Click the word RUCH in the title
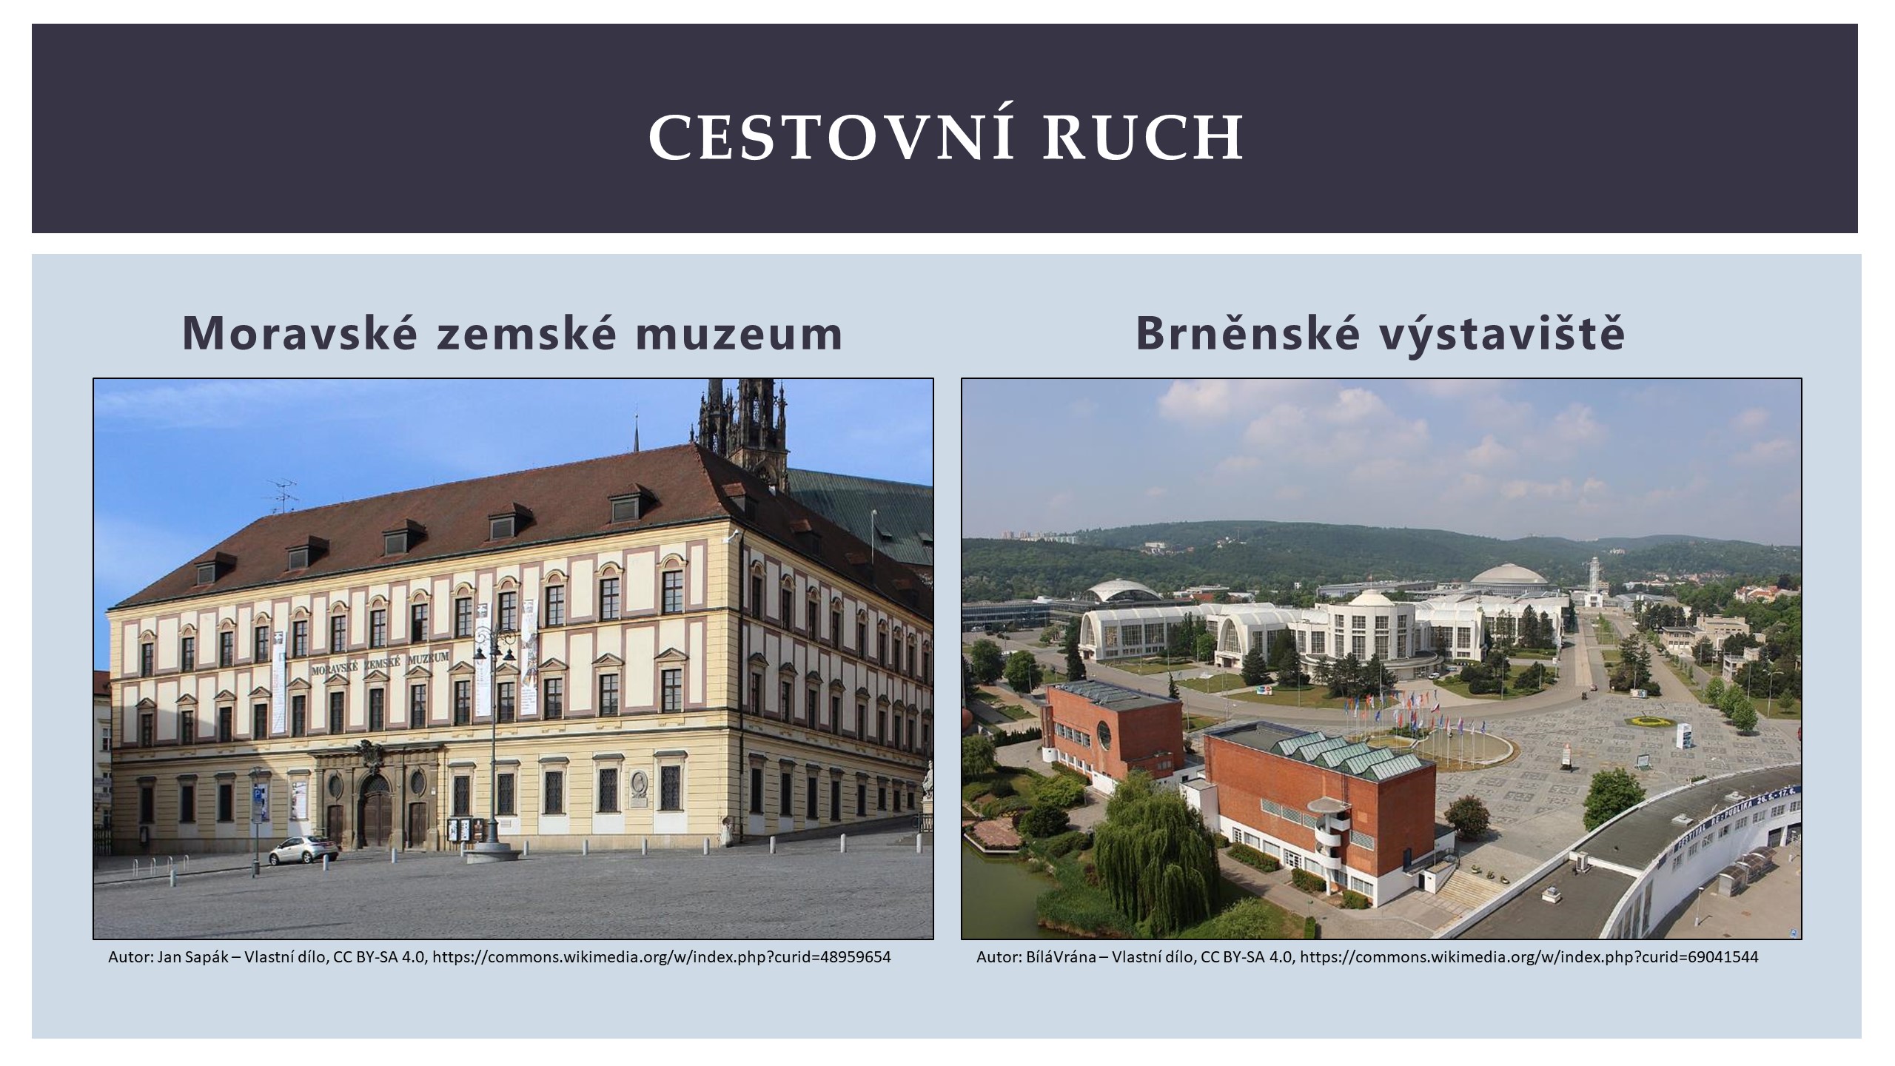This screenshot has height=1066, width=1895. click(1144, 138)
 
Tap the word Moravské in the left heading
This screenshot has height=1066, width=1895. click(302, 333)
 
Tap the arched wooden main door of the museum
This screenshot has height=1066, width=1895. click(377, 812)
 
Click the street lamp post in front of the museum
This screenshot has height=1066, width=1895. click(492, 740)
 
